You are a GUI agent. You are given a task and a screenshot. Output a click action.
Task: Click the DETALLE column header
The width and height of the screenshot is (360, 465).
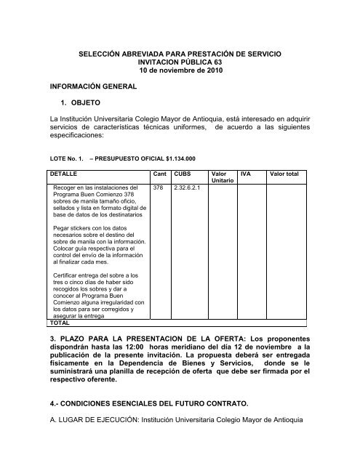click(61, 174)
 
